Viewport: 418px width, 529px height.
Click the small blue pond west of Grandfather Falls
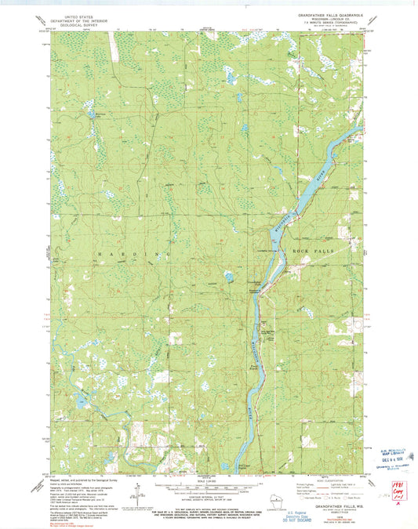228,277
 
